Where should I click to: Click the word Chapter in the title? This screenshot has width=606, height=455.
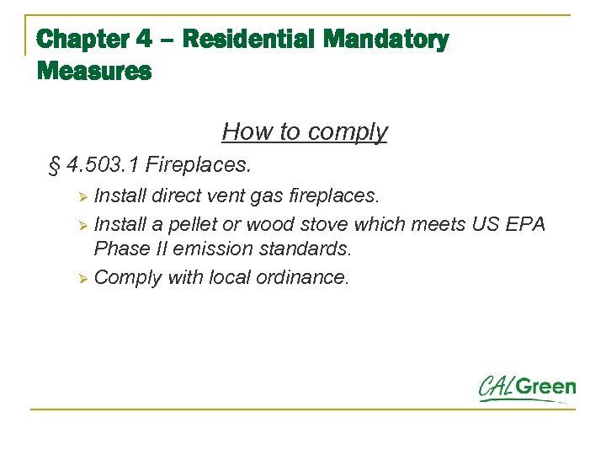point(82,39)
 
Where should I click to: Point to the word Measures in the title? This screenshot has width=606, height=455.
point(94,71)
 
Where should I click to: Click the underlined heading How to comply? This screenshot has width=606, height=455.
point(305,131)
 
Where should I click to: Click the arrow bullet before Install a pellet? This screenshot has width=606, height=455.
point(82,226)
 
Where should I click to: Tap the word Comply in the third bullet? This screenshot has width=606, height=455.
point(128,278)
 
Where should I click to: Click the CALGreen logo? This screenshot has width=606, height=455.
point(528,388)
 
